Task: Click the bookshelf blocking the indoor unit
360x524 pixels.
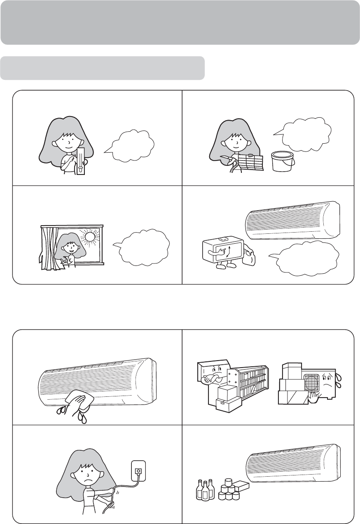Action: tap(251, 381)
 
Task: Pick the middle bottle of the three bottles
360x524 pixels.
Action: tap(205, 489)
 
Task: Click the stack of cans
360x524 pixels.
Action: tap(229, 490)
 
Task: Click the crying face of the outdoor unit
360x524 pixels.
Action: tap(329, 383)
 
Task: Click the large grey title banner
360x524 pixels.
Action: tap(180, 22)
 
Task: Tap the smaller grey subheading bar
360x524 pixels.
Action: tap(103, 68)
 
